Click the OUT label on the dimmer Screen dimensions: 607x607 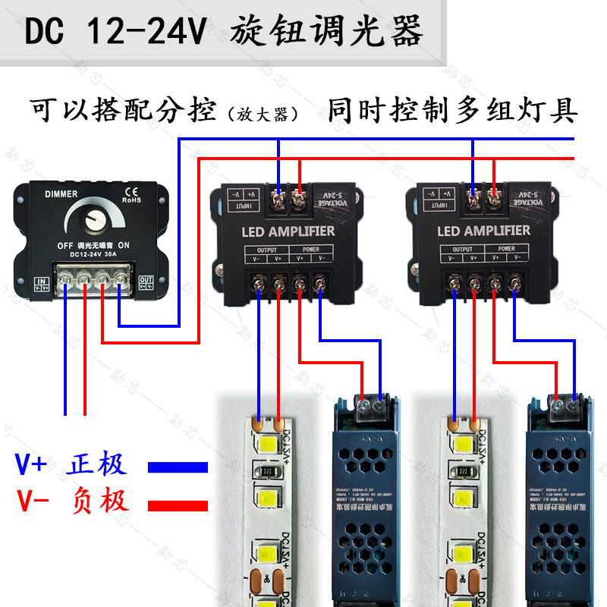[146, 280]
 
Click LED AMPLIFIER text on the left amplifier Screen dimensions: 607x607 [288, 230]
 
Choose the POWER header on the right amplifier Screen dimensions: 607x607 [506, 249]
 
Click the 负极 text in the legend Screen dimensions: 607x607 [98, 501]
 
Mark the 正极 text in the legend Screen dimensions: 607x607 [98, 464]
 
